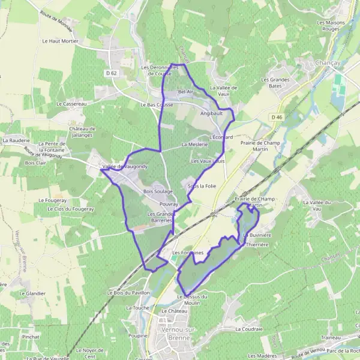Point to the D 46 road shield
(275, 117)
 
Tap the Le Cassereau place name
(71, 103)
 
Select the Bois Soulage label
(158, 191)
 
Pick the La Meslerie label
(194, 145)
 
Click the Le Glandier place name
(32, 293)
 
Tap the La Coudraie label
(249, 329)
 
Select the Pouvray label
(169, 204)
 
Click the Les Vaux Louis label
(208, 161)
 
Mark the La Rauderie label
(16, 140)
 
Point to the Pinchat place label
(30, 337)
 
